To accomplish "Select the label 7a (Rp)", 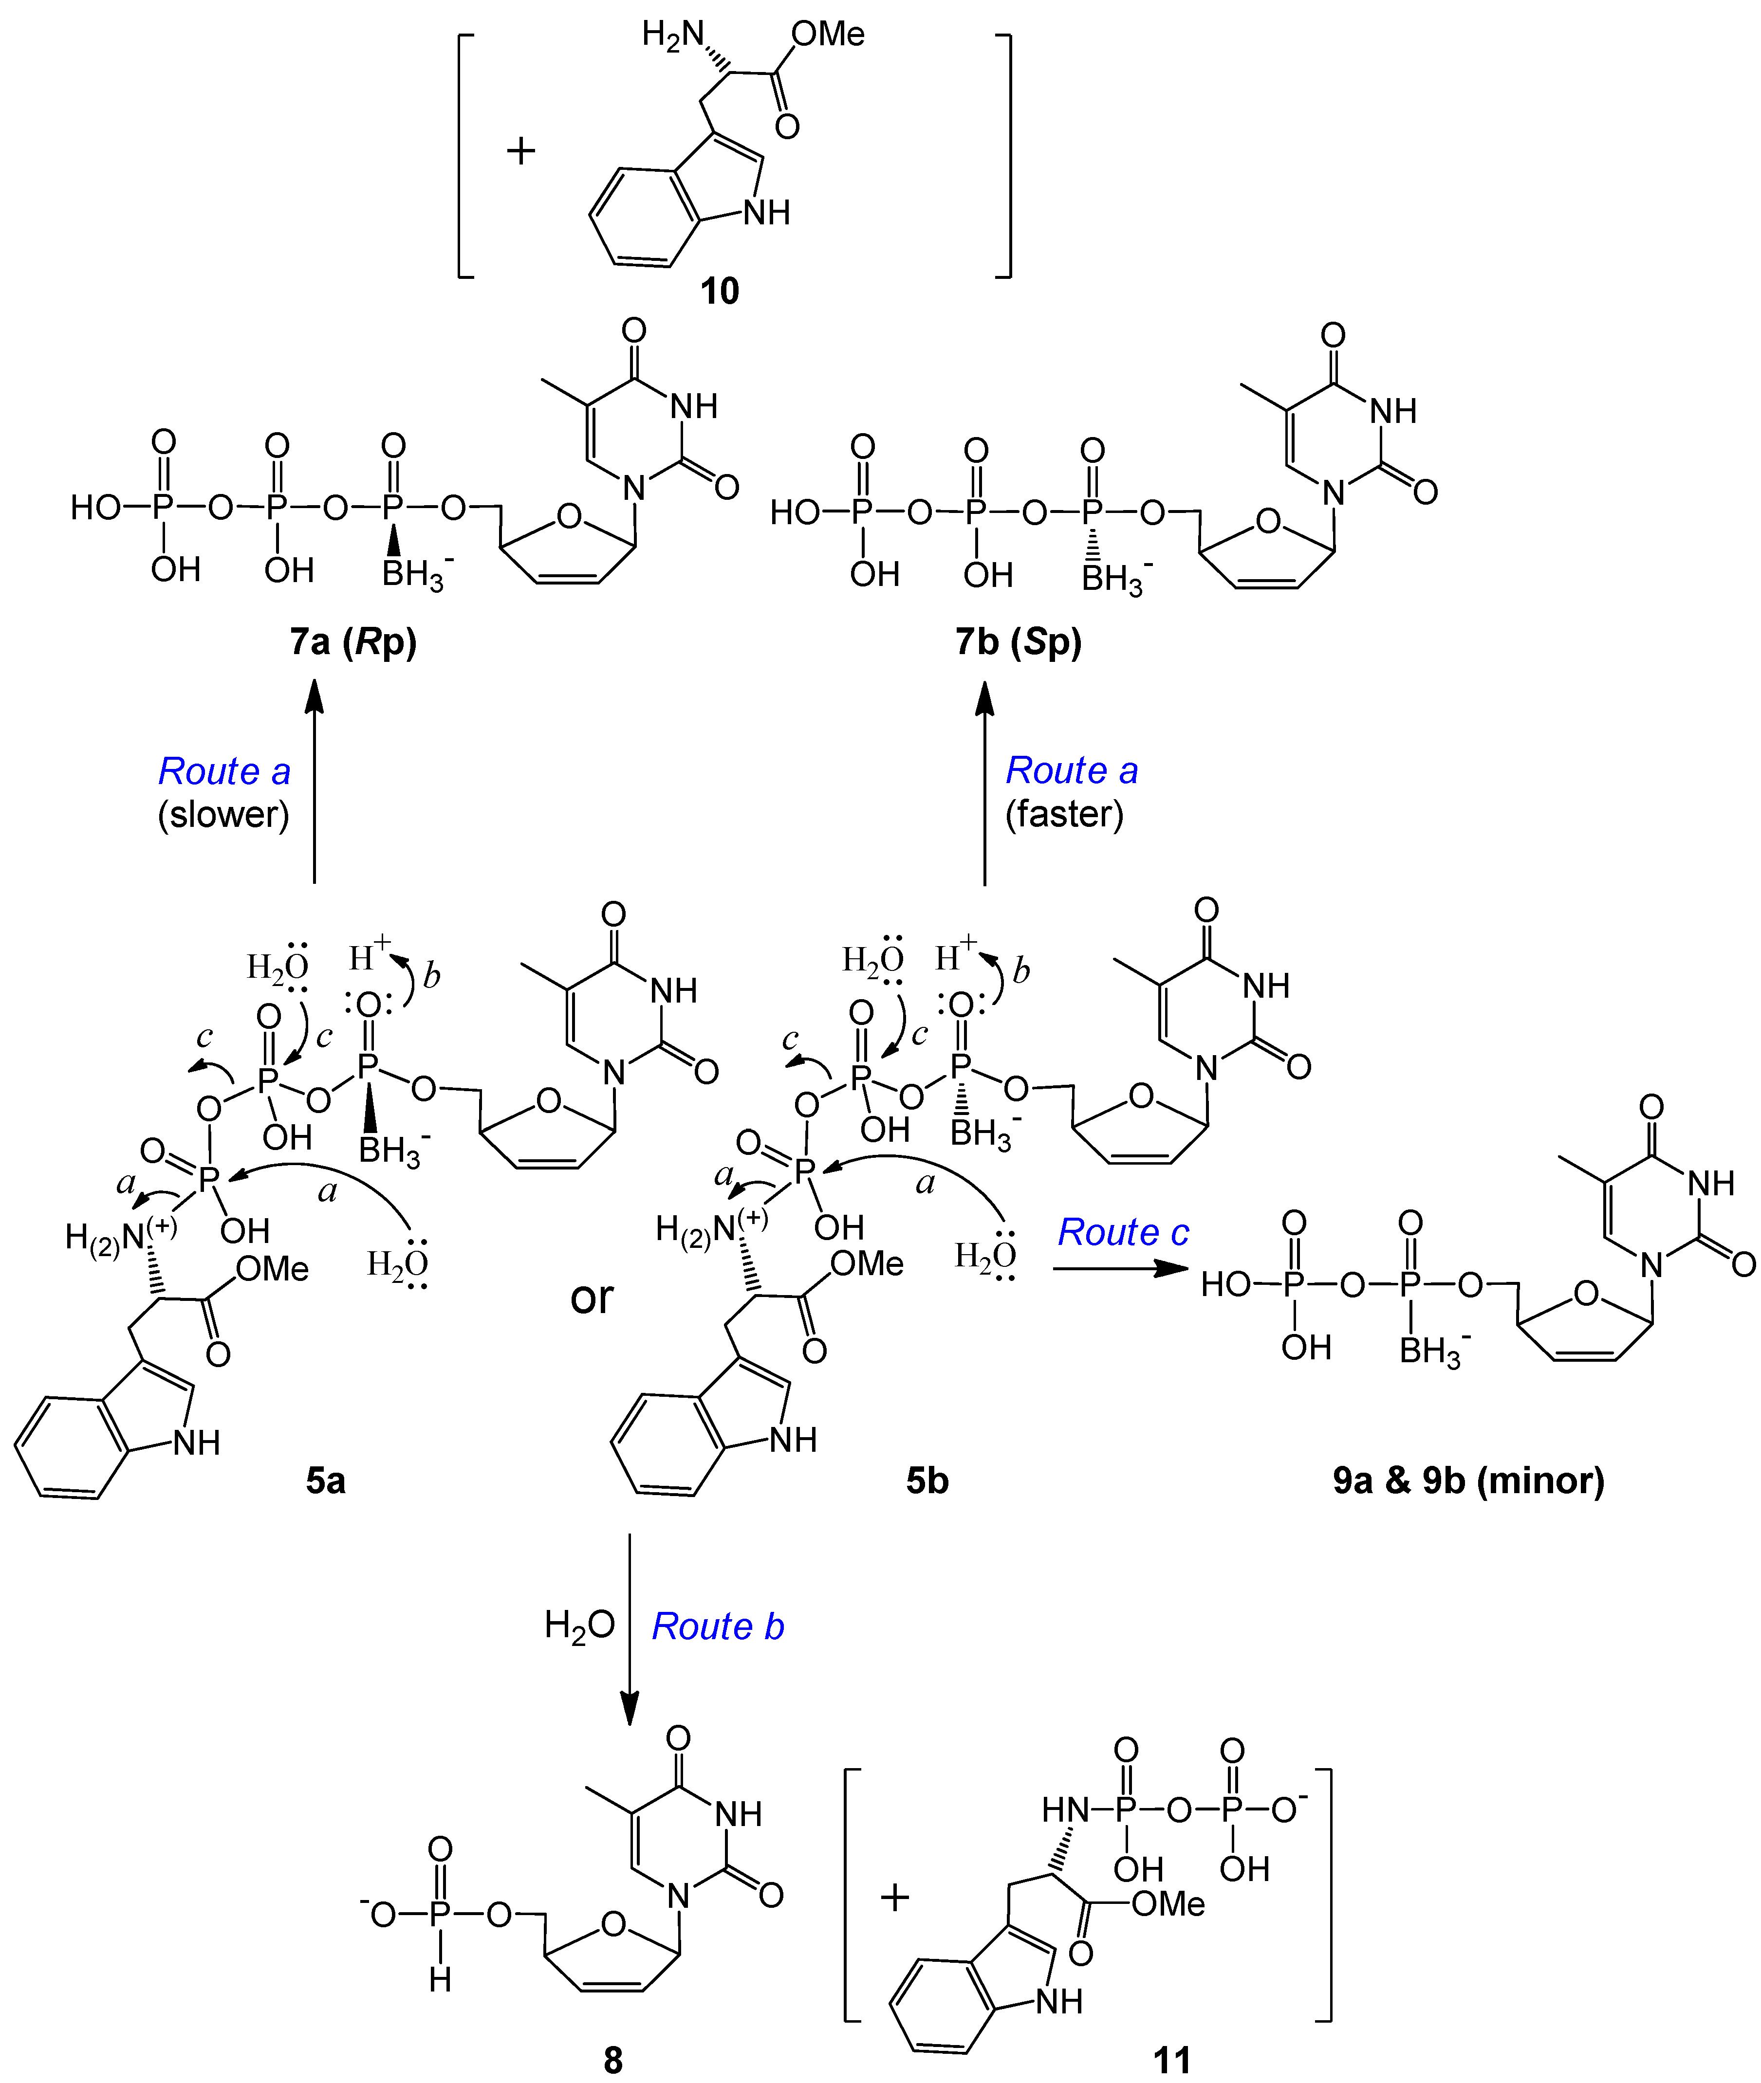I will (353, 642).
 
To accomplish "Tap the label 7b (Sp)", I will (1018, 642).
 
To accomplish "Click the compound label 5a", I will (325, 1480).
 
